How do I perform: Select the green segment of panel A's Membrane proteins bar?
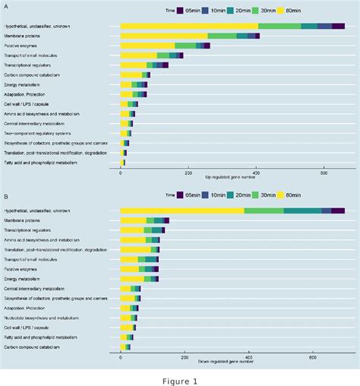pyautogui.click(x=222, y=36)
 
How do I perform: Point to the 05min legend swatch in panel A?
pyautogui.click(x=180, y=10)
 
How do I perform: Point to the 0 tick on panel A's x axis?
pyautogui.click(x=121, y=172)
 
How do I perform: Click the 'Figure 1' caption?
pyautogui.click(x=179, y=380)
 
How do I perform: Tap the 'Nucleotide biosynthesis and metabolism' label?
pyautogui.click(x=43, y=318)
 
